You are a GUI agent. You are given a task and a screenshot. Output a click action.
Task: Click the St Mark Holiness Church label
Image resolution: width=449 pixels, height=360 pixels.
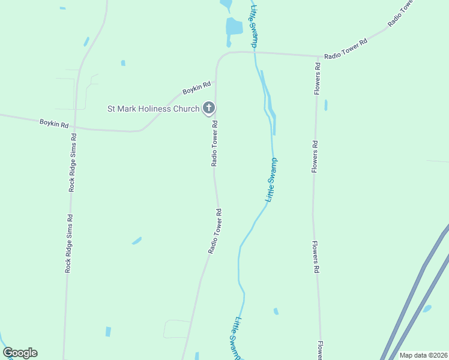[152, 109]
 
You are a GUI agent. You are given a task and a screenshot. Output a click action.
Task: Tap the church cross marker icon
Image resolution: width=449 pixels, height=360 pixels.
[208, 108]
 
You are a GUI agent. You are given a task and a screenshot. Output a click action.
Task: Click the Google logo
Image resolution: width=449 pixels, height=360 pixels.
[20, 353]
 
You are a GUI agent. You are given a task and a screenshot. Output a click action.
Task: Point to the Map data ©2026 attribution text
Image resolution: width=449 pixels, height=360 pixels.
[424, 355]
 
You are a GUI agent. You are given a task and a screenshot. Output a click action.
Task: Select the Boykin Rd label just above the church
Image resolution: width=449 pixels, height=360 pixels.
[197, 88]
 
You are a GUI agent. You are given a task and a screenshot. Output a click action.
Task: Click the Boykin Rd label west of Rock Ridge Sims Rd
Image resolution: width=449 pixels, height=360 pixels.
[54, 124]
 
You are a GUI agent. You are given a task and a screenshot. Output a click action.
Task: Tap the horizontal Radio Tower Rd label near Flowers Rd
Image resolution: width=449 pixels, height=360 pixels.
[345, 55]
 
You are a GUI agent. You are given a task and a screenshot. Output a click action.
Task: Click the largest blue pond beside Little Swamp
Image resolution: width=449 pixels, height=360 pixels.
[234, 26]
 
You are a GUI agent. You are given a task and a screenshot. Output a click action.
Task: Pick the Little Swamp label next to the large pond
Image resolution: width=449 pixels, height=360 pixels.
[254, 26]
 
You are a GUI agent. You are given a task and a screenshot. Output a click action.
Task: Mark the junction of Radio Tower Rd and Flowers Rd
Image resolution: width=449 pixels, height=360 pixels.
[317, 57]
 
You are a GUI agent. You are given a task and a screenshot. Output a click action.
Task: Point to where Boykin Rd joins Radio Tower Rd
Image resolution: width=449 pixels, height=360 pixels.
[216, 80]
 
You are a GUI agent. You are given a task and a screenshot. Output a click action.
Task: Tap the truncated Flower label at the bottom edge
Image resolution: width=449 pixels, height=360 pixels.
[322, 350]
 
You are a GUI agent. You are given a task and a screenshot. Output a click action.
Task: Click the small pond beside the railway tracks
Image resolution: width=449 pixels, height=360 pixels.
[427, 308]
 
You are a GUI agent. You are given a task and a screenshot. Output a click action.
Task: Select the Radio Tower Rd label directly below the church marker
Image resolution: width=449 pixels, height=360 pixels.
[214, 144]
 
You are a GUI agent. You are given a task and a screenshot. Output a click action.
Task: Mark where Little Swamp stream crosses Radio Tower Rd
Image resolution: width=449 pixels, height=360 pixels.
[255, 52]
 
